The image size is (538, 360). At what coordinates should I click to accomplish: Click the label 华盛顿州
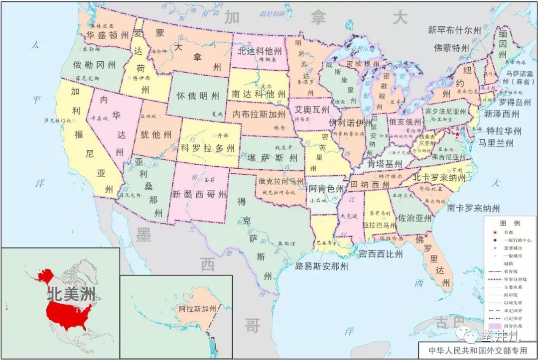pyautogui.click(x=108, y=35)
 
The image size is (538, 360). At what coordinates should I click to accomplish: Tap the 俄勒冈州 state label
pyautogui.click(x=94, y=65)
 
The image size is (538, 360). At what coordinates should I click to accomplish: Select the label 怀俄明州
pyautogui.click(x=198, y=96)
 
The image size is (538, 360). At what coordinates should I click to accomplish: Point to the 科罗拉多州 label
pyautogui.click(x=207, y=148)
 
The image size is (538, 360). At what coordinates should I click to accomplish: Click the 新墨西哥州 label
pyautogui.click(x=199, y=194)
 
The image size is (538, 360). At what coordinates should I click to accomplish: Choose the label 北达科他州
pyautogui.click(x=260, y=51)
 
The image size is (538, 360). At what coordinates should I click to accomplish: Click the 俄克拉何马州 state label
pyautogui.click(x=281, y=181)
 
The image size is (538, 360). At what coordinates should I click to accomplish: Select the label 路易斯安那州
pyautogui.click(x=321, y=265)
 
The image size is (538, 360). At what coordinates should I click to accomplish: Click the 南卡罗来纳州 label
pyautogui.click(x=473, y=208)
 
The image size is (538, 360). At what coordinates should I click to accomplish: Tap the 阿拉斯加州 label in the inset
pyautogui.click(x=198, y=309)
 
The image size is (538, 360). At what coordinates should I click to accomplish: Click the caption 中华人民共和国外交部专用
pyautogui.click(x=473, y=349)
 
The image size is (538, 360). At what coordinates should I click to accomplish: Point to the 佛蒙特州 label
pyautogui.click(x=451, y=48)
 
